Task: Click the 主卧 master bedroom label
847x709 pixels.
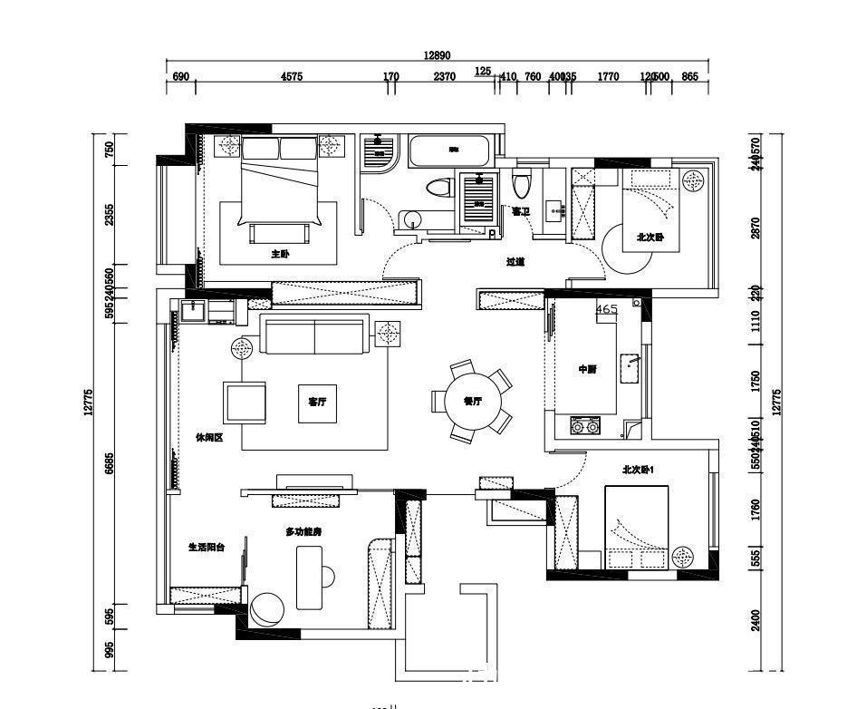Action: click(x=280, y=255)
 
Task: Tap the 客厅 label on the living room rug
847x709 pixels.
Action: click(x=317, y=403)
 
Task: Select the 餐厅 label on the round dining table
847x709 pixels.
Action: click(x=472, y=402)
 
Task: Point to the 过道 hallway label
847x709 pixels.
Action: click(x=515, y=263)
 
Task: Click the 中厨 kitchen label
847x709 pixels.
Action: click(x=588, y=370)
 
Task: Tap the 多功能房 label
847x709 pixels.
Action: click(x=303, y=531)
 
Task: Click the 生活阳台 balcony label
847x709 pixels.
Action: click(x=207, y=548)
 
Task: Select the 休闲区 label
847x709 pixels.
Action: click(x=209, y=437)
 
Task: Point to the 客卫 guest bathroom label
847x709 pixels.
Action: click(x=520, y=211)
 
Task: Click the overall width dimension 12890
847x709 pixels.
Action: click(x=437, y=55)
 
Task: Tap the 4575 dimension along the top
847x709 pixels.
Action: click(x=292, y=77)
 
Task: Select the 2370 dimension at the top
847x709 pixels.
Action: click(x=444, y=77)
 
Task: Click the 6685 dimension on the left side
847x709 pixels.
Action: click(x=110, y=464)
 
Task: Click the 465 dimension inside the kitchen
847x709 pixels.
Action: click(x=607, y=309)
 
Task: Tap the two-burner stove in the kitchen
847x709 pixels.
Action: click(x=585, y=423)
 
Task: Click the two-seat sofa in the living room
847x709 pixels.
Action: click(x=314, y=335)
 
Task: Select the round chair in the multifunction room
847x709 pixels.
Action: click(x=267, y=608)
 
